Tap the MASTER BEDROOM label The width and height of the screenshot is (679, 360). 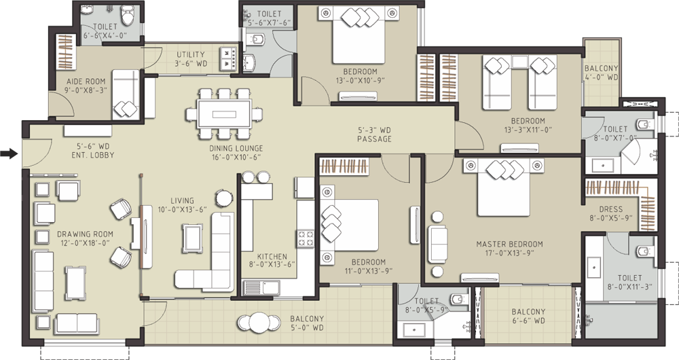click(x=510, y=244)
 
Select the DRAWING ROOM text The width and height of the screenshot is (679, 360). click(x=86, y=234)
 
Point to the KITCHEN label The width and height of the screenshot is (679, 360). click(x=272, y=257)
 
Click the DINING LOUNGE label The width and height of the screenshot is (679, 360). click(x=236, y=148)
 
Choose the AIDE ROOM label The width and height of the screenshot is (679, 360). click(x=86, y=81)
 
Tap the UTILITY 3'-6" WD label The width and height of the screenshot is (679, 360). click(x=191, y=59)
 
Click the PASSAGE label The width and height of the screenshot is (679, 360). click(x=374, y=139)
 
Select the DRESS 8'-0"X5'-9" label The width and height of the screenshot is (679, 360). click(x=610, y=213)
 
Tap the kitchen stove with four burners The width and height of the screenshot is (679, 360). click(x=306, y=238)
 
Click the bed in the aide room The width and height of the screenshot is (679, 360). click(x=126, y=94)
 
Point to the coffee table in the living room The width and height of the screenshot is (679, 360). click(x=192, y=238)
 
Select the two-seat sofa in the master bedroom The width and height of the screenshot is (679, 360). click(x=438, y=244)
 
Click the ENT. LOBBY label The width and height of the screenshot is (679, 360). click(x=94, y=155)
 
